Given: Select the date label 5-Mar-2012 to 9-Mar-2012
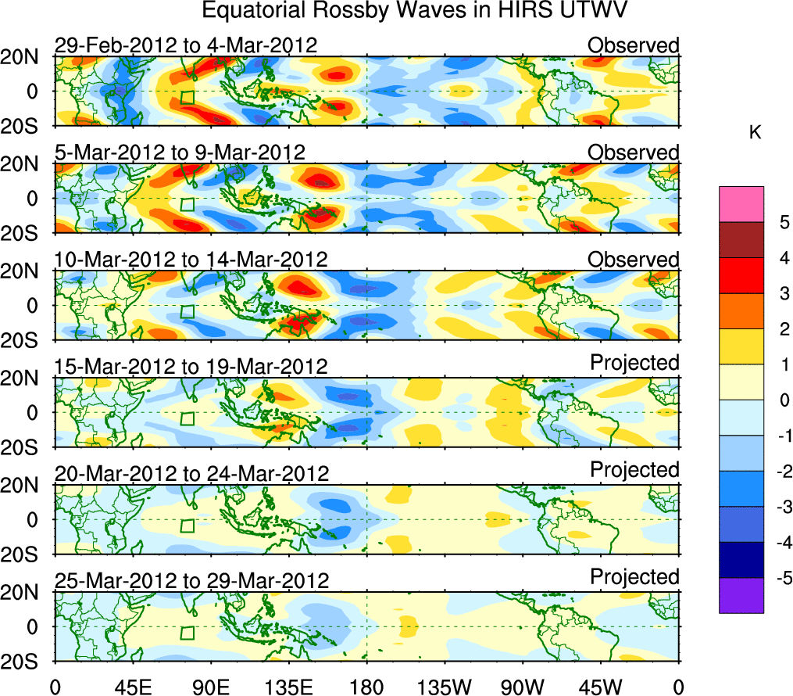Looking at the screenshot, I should point(180,152).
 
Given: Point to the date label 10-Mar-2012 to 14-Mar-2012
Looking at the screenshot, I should point(191,259).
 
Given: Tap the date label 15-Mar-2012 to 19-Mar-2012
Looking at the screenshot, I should point(191,366).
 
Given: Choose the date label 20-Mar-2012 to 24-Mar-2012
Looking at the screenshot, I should point(191,473).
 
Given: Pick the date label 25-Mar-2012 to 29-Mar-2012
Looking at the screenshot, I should point(191,580).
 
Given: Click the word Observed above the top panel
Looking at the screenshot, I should point(634,45).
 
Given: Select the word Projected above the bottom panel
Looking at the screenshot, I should point(634,577).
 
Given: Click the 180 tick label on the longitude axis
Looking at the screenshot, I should point(366,687).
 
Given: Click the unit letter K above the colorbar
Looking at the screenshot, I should point(755,134).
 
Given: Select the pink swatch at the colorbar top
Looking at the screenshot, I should point(741,204).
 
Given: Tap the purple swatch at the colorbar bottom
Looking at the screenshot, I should point(741,595).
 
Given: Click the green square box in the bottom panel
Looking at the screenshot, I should point(187,633).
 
